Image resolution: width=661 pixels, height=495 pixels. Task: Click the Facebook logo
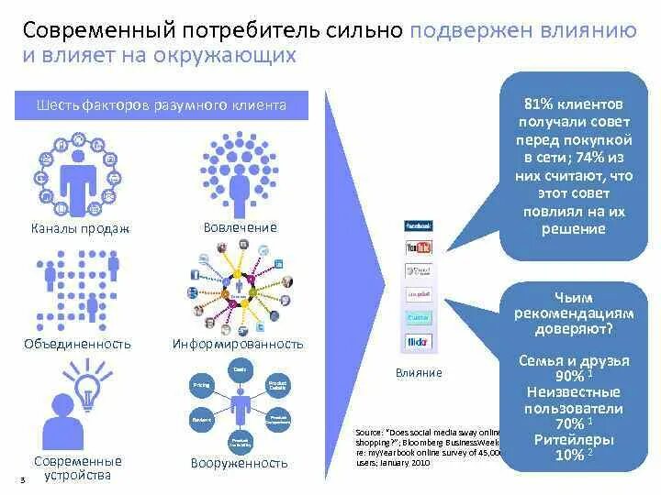pyautogui.click(x=419, y=225)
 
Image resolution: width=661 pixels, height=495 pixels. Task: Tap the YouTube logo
pyautogui.click(x=419, y=248)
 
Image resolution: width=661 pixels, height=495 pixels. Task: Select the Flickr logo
pyautogui.click(x=419, y=343)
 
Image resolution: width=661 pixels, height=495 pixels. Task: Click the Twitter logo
pyautogui.click(x=419, y=318)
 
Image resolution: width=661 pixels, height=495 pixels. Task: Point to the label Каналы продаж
pyautogui.click(x=80, y=228)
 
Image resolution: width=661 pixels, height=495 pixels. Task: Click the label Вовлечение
pyautogui.click(x=240, y=226)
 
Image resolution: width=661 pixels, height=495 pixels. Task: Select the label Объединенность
pyautogui.click(x=77, y=344)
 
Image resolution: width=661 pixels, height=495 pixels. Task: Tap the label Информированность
pyautogui.click(x=238, y=344)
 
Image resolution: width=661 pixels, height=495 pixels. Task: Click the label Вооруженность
pyautogui.click(x=240, y=463)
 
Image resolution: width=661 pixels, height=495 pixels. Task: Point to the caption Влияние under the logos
pyautogui.click(x=419, y=372)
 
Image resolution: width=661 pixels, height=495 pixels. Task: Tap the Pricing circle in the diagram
pyautogui.click(x=202, y=385)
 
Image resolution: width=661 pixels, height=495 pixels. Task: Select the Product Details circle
pyautogui.click(x=277, y=385)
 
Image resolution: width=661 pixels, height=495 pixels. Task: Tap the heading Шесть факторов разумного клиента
pyautogui.click(x=162, y=105)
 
